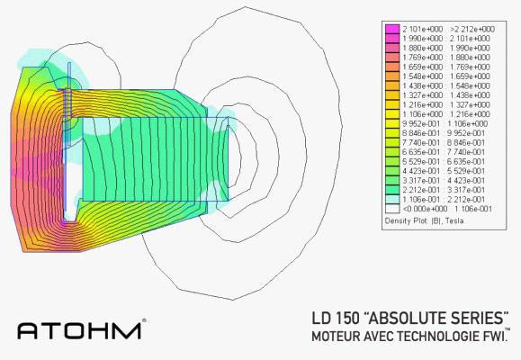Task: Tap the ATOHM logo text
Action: coord(78,329)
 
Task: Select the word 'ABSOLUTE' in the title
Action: coord(409,319)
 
